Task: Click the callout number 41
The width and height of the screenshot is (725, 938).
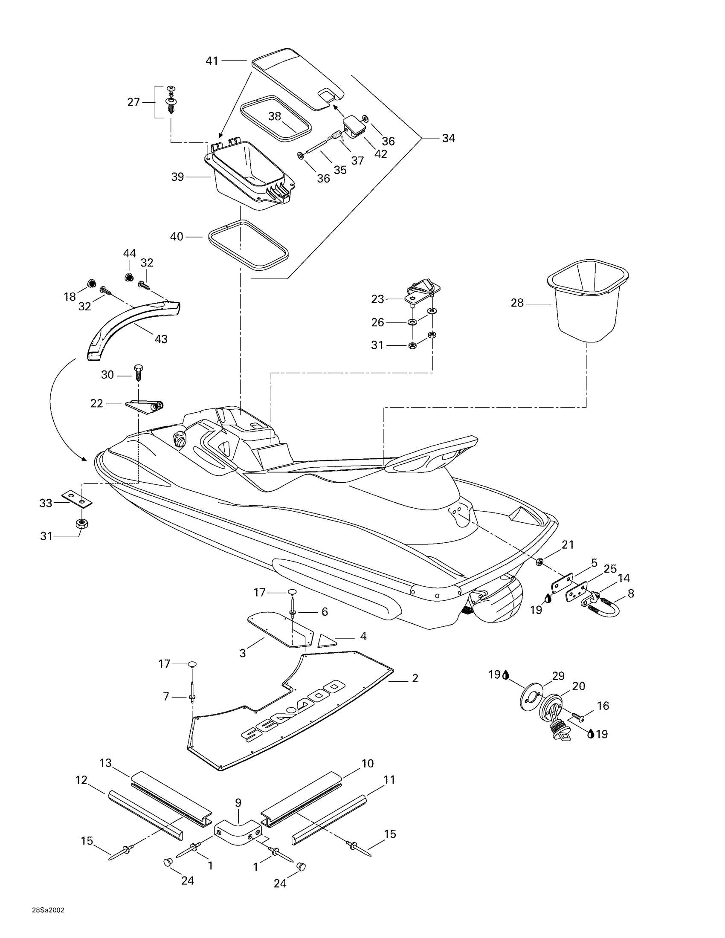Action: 212,61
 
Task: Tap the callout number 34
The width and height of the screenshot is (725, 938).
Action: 448,138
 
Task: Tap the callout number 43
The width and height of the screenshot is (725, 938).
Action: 161,339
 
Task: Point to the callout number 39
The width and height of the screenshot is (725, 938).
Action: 177,177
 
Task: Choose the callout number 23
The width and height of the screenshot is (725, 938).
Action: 377,299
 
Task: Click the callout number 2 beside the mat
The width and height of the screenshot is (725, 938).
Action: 415,678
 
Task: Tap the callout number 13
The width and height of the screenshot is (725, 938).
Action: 106,763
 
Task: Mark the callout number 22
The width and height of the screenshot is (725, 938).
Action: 97,403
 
